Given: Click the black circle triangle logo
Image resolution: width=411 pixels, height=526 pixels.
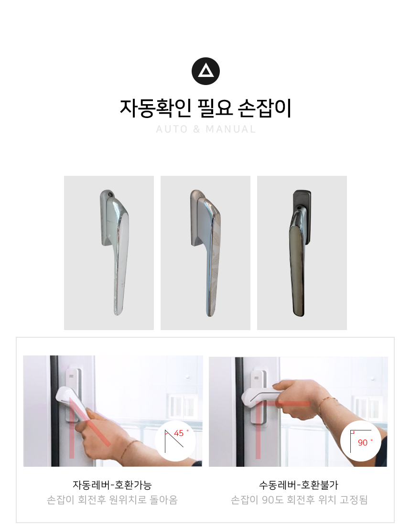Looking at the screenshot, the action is tap(205, 71).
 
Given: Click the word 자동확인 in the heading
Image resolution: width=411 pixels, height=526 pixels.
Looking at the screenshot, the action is tap(156, 108).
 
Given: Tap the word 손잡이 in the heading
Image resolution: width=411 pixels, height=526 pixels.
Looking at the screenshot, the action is tap(264, 108).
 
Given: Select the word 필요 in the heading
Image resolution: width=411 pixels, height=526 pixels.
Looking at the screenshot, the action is tap(215, 108).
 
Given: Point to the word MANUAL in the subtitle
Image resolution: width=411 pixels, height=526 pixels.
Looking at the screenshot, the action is tap(231, 129).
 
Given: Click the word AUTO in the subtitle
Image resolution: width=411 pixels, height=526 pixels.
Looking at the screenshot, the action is tap(172, 129).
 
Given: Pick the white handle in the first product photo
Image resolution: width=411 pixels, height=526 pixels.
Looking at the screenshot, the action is tap(114, 252).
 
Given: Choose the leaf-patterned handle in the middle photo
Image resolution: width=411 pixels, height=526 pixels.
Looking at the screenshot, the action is tap(205, 252).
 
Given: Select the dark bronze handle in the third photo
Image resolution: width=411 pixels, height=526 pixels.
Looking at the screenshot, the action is tap(300, 253).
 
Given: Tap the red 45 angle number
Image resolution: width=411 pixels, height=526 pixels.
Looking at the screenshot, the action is tap(179, 433).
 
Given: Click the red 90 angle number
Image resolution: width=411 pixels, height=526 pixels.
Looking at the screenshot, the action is tap(363, 442).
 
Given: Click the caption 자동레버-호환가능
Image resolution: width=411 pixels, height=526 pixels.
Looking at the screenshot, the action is tap(112, 485).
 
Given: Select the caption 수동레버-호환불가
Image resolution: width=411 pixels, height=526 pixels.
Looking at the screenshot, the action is tap(299, 485).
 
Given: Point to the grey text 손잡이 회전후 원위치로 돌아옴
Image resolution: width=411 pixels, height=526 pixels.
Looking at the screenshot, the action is tap(112, 500).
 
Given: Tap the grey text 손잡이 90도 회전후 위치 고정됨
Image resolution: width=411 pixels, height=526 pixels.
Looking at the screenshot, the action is tap(299, 500).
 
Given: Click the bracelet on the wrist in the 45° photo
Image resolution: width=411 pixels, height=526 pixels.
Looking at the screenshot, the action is tap(129, 449).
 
